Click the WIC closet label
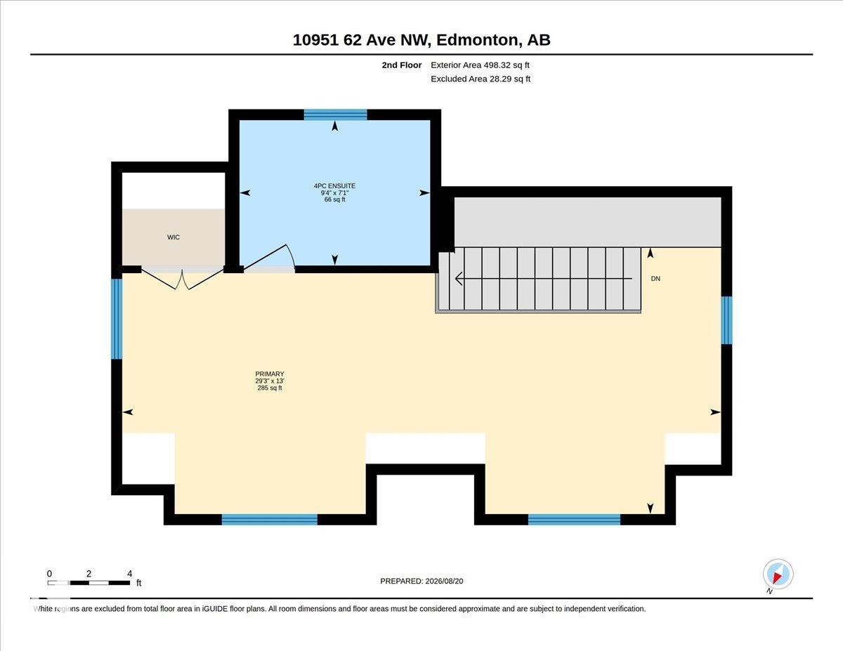click(174, 237)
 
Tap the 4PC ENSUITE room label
click(334, 186)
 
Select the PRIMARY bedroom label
click(270, 374)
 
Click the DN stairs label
click(655, 279)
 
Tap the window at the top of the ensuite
click(335, 114)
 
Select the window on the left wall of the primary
click(117, 319)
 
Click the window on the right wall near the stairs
click(726, 320)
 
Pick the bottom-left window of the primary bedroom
click(270, 520)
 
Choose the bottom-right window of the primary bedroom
click(574, 520)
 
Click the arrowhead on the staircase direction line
click(459, 279)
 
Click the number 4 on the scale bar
click(129, 574)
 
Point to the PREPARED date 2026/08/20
click(444, 581)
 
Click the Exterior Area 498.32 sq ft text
click(480, 65)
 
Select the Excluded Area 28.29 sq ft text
click(481, 79)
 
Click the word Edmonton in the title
click(478, 40)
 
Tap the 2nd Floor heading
click(402, 65)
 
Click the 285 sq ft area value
click(270, 388)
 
